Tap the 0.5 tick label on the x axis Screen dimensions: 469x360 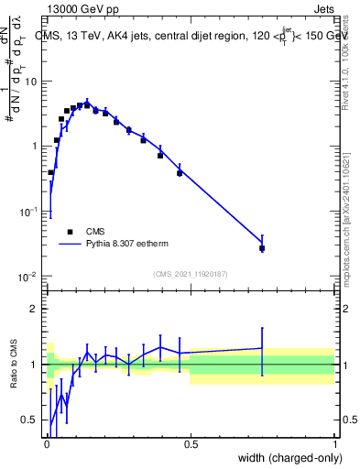pos(191,444)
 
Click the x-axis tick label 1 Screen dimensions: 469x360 pos(335,444)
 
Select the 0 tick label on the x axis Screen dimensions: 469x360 pos(47,444)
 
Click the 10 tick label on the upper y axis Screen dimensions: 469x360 pos(31,82)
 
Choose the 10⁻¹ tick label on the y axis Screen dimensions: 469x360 pos(29,212)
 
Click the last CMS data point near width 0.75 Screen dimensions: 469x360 pos(262,248)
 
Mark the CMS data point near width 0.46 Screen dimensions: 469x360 pos(180,172)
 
